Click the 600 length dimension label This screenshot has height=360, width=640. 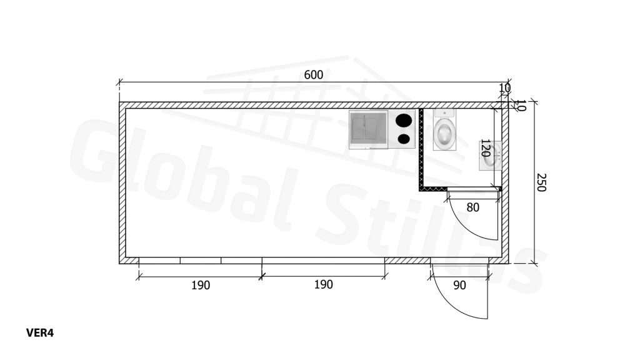314,75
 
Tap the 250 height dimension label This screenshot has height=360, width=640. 541,182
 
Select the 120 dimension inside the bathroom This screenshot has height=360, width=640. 485,147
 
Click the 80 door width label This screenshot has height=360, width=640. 472,207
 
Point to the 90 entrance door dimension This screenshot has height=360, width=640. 459,285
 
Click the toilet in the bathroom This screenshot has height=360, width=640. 444,129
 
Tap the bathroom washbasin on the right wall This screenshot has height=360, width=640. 491,156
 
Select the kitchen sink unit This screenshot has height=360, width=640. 368,129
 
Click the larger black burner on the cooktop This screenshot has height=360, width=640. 403,121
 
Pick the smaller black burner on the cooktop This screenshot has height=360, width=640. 404,139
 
